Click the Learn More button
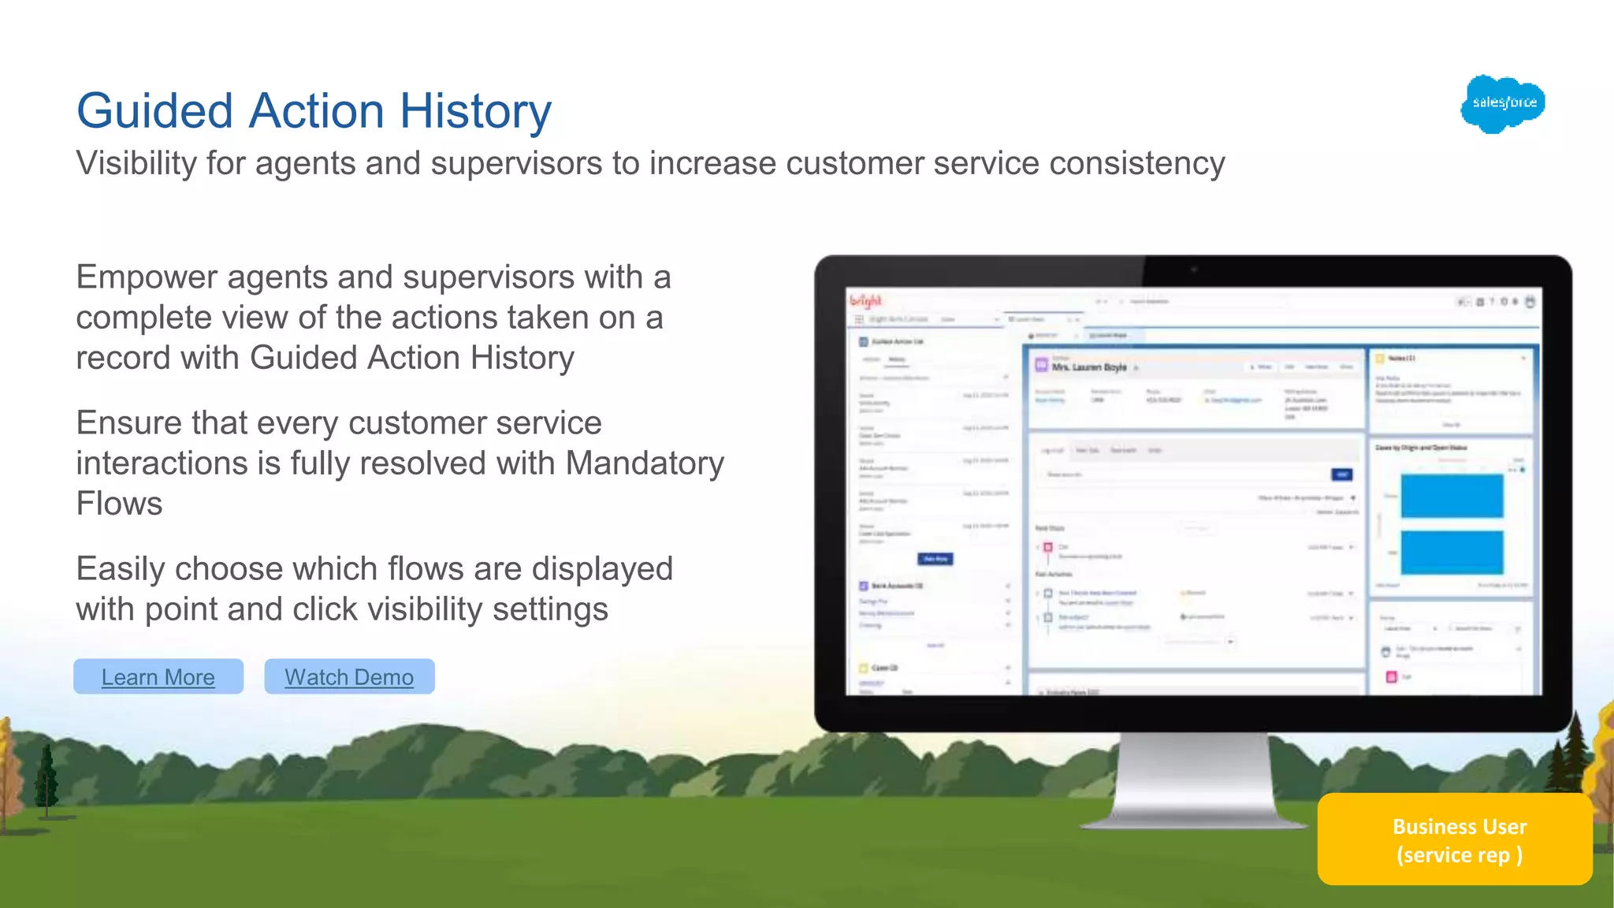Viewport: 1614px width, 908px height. click(x=158, y=677)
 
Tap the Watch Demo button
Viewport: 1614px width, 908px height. click(x=349, y=677)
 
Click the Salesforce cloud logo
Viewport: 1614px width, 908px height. click(x=1503, y=103)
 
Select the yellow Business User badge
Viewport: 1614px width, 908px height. click(x=1455, y=839)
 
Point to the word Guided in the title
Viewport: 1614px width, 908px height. click(x=154, y=110)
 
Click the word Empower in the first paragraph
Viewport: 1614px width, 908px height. click(x=147, y=277)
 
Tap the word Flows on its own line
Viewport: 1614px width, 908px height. click(x=119, y=504)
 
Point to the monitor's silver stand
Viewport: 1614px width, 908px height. click(x=1194, y=780)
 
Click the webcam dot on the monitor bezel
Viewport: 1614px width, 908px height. click(x=1194, y=270)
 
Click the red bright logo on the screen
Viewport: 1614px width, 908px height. click(x=866, y=300)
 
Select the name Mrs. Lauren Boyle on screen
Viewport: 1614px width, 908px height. click(x=1089, y=367)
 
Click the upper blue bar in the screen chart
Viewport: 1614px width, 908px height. click(x=1452, y=496)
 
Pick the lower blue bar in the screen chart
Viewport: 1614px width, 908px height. click(x=1452, y=552)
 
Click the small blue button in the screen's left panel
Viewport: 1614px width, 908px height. click(x=935, y=559)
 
